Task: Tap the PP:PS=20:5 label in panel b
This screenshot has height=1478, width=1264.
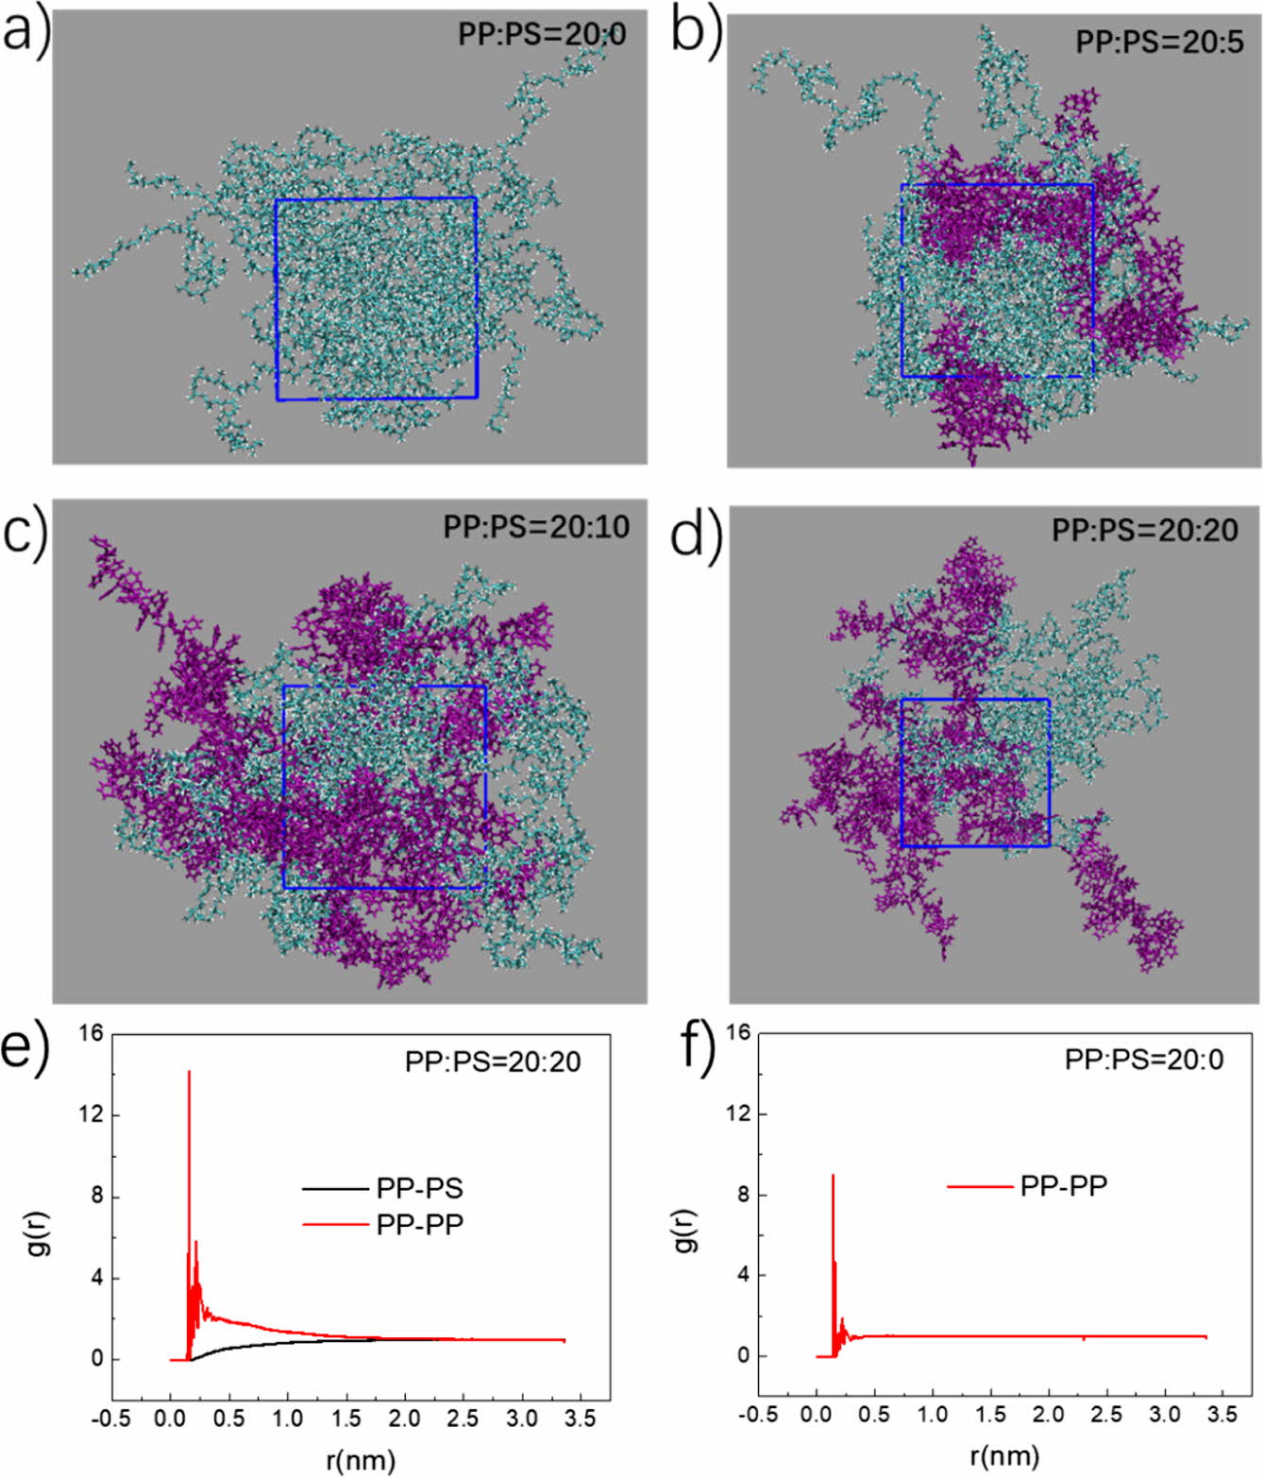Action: pyautogui.click(x=1159, y=42)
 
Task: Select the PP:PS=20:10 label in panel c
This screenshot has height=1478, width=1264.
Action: pyautogui.click(x=536, y=526)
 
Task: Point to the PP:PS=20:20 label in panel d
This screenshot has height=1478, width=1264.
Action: pyautogui.click(x=1144, y=530)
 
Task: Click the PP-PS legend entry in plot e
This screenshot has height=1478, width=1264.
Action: pyautogui.click(x=419, y=1188)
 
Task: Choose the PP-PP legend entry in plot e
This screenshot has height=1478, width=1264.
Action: pyautogui.click(x=419, y=1225)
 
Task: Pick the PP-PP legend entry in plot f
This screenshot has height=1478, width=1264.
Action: pyautogui.click(x=1063, y=1185)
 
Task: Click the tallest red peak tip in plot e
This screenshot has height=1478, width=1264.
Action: pyautogui.click(x=189, y=1072)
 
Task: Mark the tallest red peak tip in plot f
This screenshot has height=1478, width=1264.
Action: pyautogui.click(x=833, y=1176)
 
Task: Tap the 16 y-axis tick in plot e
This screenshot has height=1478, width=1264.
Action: pyautogui.click(x=91, y=1033)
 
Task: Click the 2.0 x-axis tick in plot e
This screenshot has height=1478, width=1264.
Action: pyautogui.click(x=404, y=1419)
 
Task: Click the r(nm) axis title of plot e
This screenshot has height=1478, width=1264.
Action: pyautogui.click(x=361, y=1460)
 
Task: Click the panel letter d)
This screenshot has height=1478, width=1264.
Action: pyautogui.click(x=696, y=534)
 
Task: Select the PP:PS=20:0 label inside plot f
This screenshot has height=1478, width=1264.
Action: pyautogui.click(x=1143, y=1060)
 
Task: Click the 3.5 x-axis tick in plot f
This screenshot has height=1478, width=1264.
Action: pyautogui.click(x=1222, y=1415)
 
